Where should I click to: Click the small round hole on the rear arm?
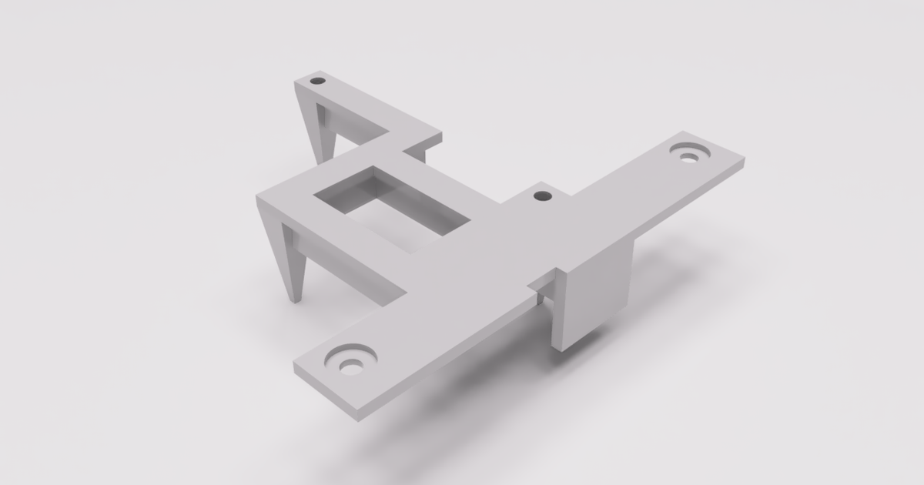point(317,80)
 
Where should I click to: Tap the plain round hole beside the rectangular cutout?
point(543,196)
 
